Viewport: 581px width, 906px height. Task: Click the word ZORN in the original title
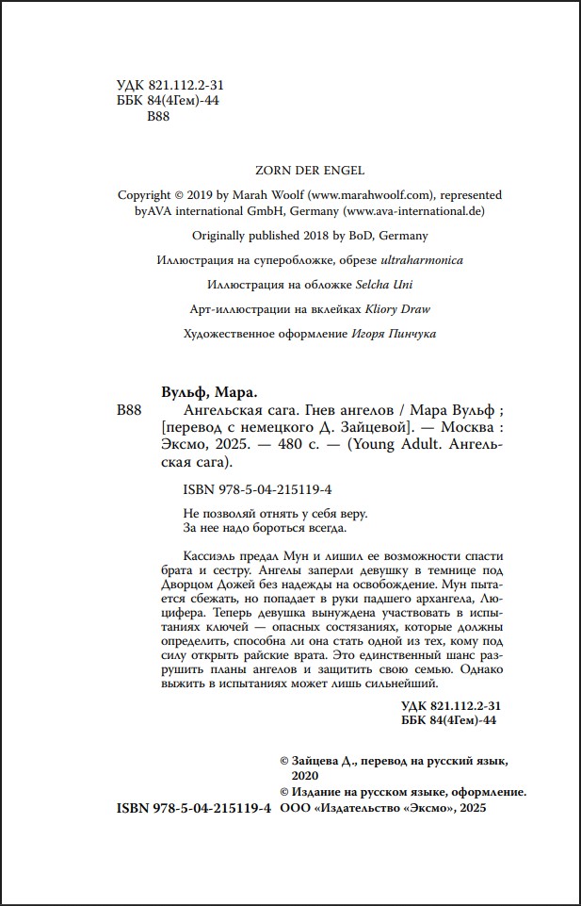[x=273, y=170]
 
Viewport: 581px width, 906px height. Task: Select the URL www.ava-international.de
[x=414, y=211]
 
